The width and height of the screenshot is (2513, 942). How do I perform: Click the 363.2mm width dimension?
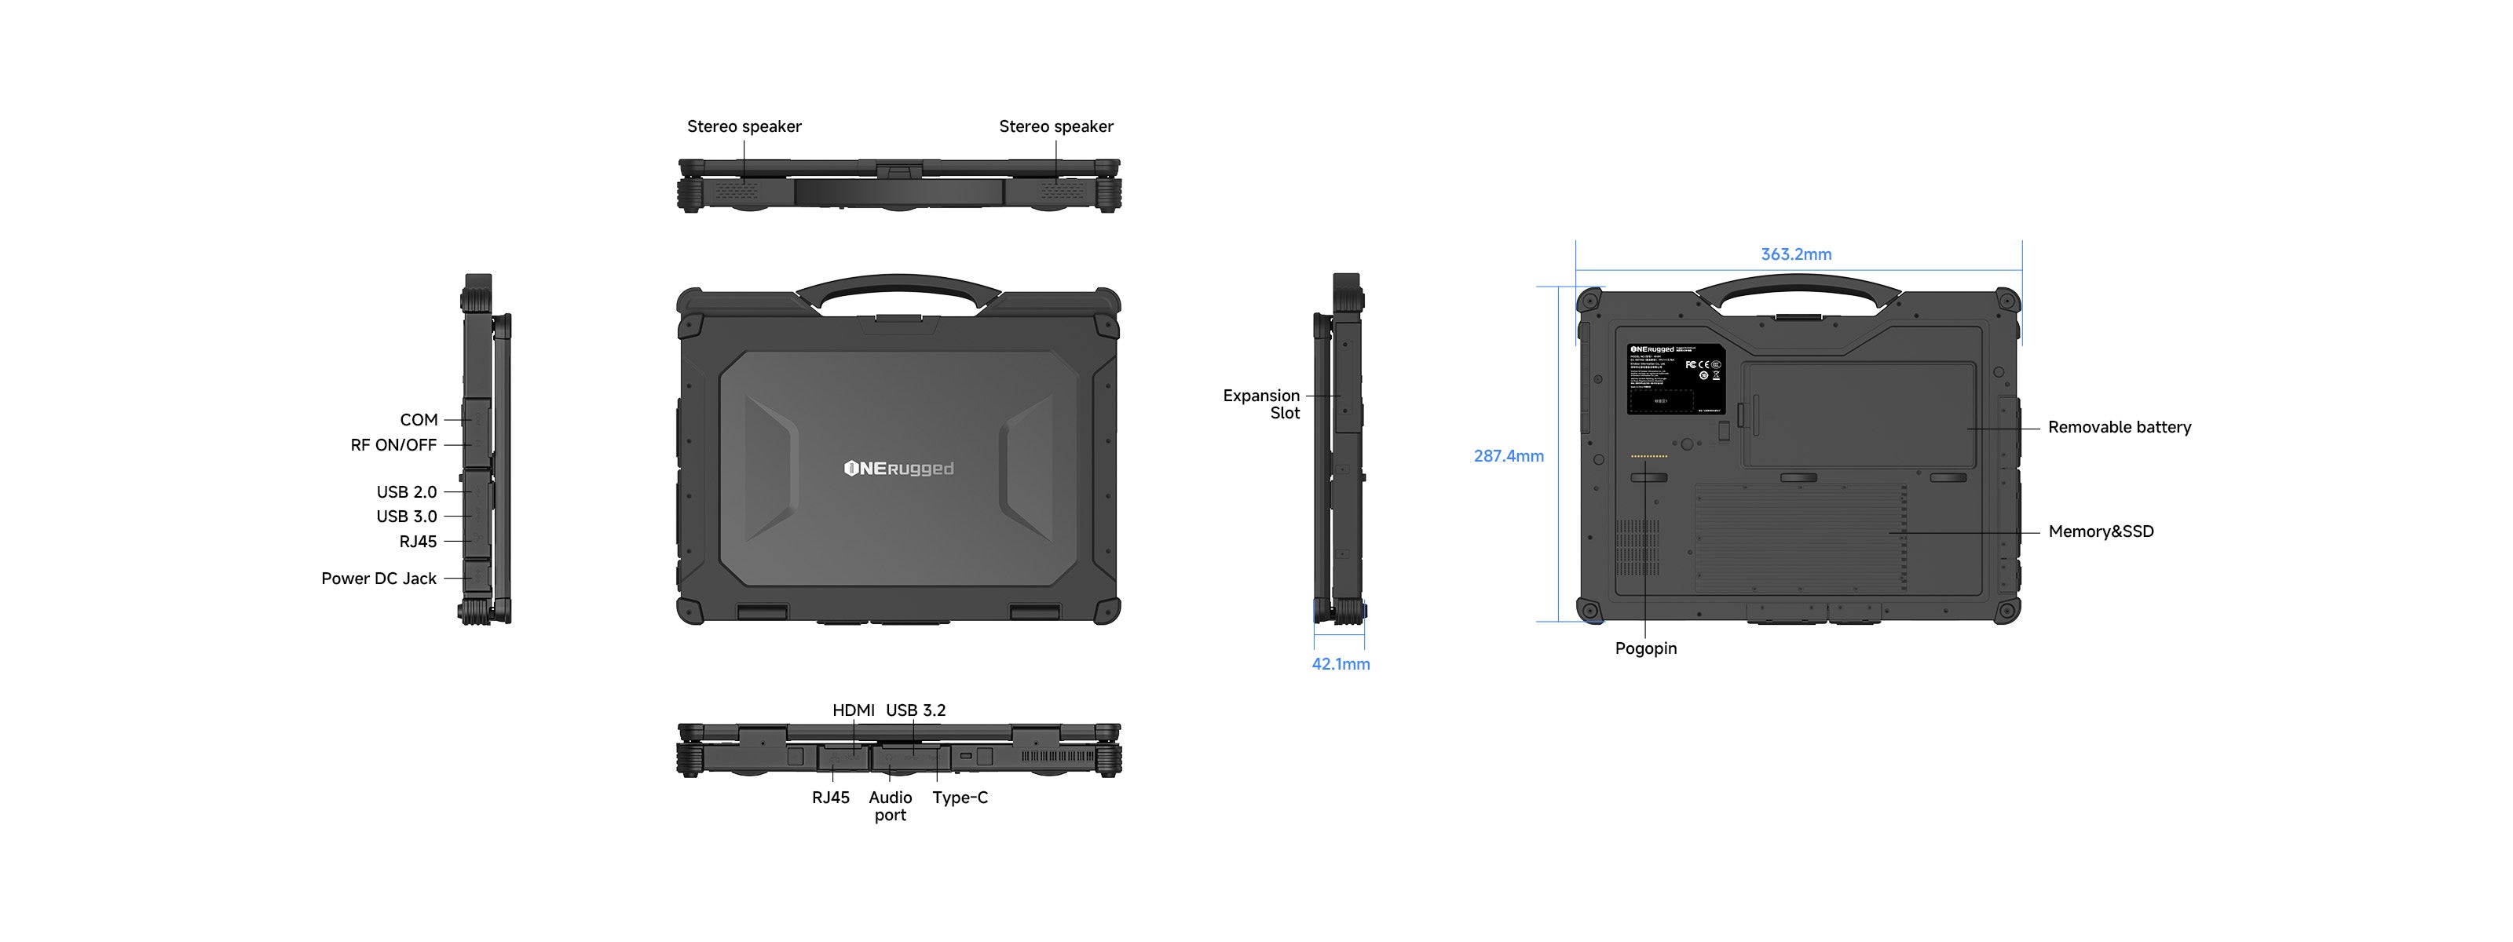(x=1795, y=254)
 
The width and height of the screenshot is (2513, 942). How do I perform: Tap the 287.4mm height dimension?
(x=1508, y=456)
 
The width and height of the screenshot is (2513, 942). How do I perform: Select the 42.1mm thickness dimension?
(x=1341, y=664)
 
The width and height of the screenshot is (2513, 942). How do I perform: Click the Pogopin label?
(x=1646, y=648)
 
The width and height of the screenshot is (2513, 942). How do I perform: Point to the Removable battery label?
(x=2119, y=427)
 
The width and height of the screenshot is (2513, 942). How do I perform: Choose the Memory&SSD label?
(x=2101, y=531)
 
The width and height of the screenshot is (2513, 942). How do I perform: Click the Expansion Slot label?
(x=1261, y=403)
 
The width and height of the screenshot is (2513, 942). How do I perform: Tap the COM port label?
(x=419, y=420)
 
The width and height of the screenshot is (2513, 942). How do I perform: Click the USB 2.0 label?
(x=406, y=492)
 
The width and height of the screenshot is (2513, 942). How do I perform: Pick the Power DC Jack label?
(x=379, y=579)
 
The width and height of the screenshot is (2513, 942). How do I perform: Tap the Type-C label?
(x=960, y=798)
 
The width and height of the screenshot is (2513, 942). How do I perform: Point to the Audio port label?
(x=890, y=806)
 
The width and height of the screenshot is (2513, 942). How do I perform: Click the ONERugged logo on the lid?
(x=898, y=469)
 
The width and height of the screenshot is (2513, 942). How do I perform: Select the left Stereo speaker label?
(x=744, y=126)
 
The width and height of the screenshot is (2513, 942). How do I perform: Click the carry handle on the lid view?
(x=898, y=286)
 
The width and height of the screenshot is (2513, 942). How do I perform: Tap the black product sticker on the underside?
(x=1676, y=378)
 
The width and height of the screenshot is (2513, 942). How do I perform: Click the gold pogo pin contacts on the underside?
(x=1648, y=456)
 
